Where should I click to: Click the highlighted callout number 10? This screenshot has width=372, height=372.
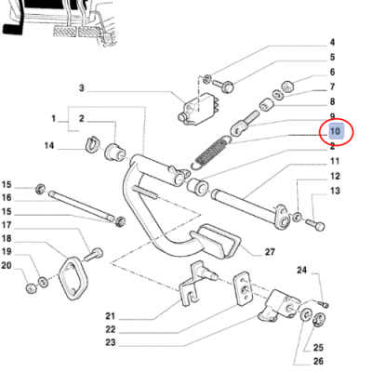pyautogui.click(x=336, y=132)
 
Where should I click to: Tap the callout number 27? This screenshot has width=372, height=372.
pyautogui.click(x=270, y=251)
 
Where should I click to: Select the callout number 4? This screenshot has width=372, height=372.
pyautogui.click(x=330, y=42)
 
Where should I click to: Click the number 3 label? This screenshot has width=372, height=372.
pyautogui.click(x=81, y=88)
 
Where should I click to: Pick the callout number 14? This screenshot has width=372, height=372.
pyautogui.click(x=49, y=145)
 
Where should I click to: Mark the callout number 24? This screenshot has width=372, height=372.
pyautogui.click(x=301, y=271)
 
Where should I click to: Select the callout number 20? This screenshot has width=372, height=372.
pyautogui.click(x=6, y=266)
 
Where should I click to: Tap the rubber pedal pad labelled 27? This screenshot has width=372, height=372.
pyautogui.click(x=216, y=244)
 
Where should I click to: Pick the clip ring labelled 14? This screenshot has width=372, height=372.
pyautogui.click(x=93, y=145)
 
